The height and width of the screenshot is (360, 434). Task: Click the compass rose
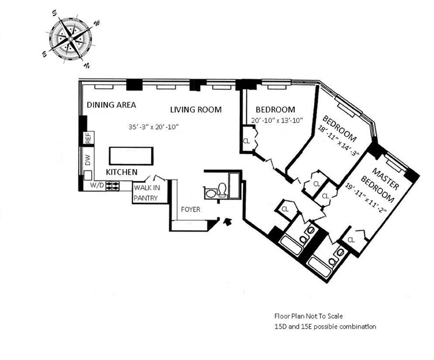pos(71,39)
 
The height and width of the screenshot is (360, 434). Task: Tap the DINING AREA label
pos(111,105)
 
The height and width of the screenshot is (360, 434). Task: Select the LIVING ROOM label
pos(195,110)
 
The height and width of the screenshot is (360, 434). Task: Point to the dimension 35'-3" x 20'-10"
pos(154,127)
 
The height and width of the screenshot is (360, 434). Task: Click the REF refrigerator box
pos(88,138)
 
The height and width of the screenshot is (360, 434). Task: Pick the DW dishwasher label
pos(88,160)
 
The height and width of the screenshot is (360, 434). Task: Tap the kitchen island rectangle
pos(131,156)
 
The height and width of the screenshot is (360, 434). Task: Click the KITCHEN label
pos(122,172)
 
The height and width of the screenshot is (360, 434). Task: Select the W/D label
pos(97,185)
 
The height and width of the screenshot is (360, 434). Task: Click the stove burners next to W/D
pos(112,186)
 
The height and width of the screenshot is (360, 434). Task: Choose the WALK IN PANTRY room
pos(150,193)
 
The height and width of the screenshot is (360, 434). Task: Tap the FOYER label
pos(190,210)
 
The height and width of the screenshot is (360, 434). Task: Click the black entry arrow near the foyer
pos(227,221)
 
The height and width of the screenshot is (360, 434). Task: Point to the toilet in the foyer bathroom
pos(222,190)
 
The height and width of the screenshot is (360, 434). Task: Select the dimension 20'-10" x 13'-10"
pos(278,120)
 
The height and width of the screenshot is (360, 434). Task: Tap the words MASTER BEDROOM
pos(382,185)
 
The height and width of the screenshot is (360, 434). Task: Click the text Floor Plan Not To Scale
pos(308,316)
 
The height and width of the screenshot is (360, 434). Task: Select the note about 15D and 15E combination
pos(325,326)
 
